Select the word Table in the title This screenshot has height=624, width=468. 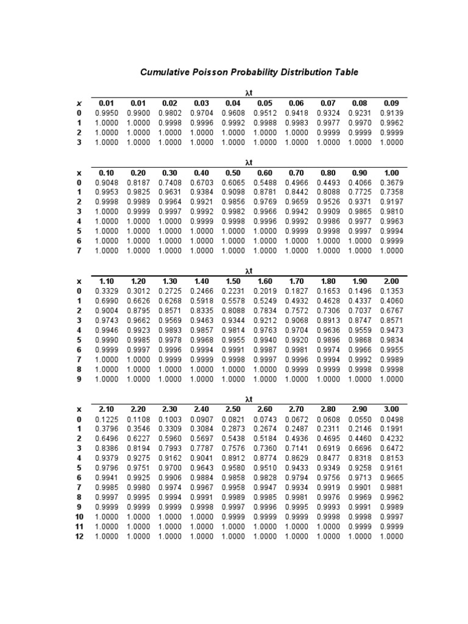(x=346, y=73)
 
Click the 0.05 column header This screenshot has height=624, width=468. (x=265, y=104)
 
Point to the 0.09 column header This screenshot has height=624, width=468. (x=391, y=104)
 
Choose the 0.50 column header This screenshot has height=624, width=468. (x=233, y=173)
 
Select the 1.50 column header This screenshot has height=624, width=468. (x=233, y=281)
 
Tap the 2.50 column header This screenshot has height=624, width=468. (x=233, y=409)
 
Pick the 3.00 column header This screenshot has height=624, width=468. (x=391, y=409)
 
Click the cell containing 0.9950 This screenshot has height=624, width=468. (x=107, y=113)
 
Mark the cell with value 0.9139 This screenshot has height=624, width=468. (x=391, y=113)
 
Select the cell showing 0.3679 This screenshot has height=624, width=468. (x=391, y=183)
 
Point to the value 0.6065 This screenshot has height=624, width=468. (x=233, y=183)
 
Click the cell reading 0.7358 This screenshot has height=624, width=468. (x=391, y=193)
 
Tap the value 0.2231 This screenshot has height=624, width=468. (x=233, y=291)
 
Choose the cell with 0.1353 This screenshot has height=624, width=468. (x=391, y=291)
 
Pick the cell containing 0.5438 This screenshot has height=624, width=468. (x=233, y=439)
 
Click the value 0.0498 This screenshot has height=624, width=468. (x=391, y=419)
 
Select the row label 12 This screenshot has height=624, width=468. (x=79, y=536)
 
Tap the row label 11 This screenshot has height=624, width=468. (x=79, y=526)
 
